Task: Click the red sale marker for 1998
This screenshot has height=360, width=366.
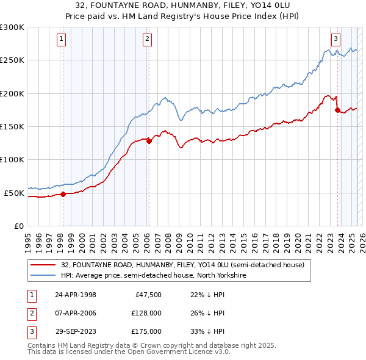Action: pyautogui.click(x=63, y=195)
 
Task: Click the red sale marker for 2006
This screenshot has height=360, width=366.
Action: pyautogui.click(x=148, y=141)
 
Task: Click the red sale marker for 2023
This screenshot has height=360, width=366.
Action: pyautogui.click(x=337, y=110)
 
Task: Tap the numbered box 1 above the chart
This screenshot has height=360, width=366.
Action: pyautogui.click(x=62, y=39)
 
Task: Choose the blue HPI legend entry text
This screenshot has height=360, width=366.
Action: pyautogui.click(x=152, y=276)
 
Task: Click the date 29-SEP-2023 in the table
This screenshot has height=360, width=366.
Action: pyautogui.click(x=76, y=331)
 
